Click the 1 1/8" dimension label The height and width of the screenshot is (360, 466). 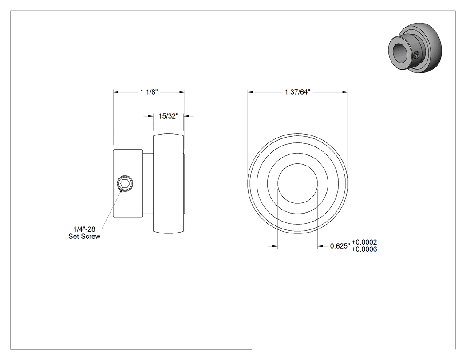coord(149,92)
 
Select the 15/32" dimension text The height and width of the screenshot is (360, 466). coord(168,116)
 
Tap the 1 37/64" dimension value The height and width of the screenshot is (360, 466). coord(297,92)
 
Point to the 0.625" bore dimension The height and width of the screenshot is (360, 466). coord(340,246)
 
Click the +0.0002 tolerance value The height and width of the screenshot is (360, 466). coord(364,242)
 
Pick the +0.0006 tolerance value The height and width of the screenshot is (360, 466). coord(364,249)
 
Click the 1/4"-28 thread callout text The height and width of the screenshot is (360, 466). coord(84,229)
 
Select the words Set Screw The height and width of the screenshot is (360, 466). coord(84,237)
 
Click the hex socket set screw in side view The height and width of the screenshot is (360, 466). coord(125,183)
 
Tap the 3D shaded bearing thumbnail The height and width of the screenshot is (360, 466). coord(415,47)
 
